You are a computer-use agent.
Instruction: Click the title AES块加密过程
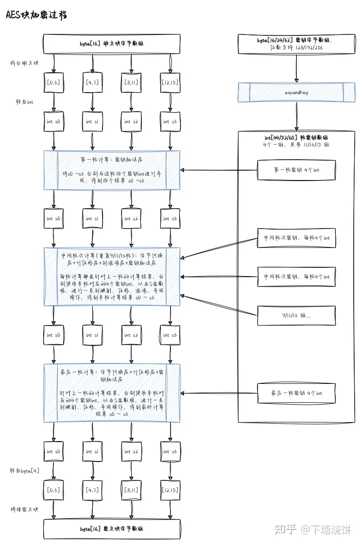(x=36, y=15)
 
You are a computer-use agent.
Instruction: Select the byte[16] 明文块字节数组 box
(x=112, y=44)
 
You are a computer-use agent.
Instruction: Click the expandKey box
(x=296, y=92)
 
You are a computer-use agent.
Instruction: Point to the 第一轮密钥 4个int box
(x=296, y=170)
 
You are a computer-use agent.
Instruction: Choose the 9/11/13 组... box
(x=296, y=315)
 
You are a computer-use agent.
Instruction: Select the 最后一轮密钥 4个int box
(x=296, y=393)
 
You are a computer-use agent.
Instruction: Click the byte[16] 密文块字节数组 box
(x=112, y=528)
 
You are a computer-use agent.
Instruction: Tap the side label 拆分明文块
(x=24, y=64)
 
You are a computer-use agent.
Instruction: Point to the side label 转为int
(x=24, y=102)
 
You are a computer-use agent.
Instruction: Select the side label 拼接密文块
(x=24, y=509)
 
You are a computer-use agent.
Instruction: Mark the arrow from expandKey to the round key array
(x=296, y=116)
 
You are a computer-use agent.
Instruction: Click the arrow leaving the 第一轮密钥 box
(x=219, y=170)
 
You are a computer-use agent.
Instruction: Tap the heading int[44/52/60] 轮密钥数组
(x=296, y=138)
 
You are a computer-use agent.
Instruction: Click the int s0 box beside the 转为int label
(x=53, y=122)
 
